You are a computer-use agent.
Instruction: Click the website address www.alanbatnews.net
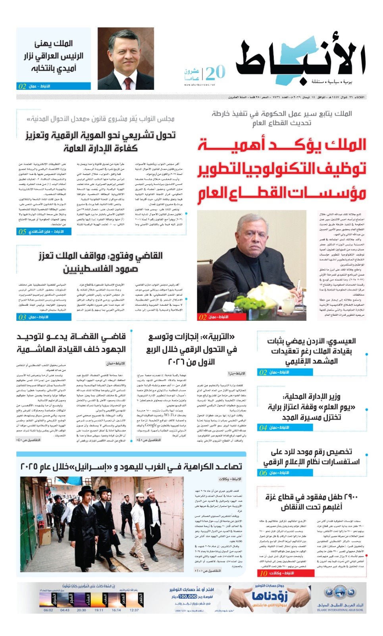[199, 85]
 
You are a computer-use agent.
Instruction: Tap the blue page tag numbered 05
[22, 231]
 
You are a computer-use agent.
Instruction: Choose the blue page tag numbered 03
[22, 317]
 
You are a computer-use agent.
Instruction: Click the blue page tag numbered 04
[263, 428]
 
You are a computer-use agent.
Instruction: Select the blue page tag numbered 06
[263, 473]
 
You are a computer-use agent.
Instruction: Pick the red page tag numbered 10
[264, 573]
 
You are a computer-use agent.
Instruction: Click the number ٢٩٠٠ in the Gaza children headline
[349, 497]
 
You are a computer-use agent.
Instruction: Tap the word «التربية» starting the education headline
[222, 337]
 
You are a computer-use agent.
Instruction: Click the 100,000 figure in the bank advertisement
[188, 597]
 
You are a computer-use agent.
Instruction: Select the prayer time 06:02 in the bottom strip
[48, 610]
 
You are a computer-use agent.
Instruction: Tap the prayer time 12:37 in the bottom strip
[134, 610]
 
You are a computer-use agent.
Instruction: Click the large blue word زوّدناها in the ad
[270, 596]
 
